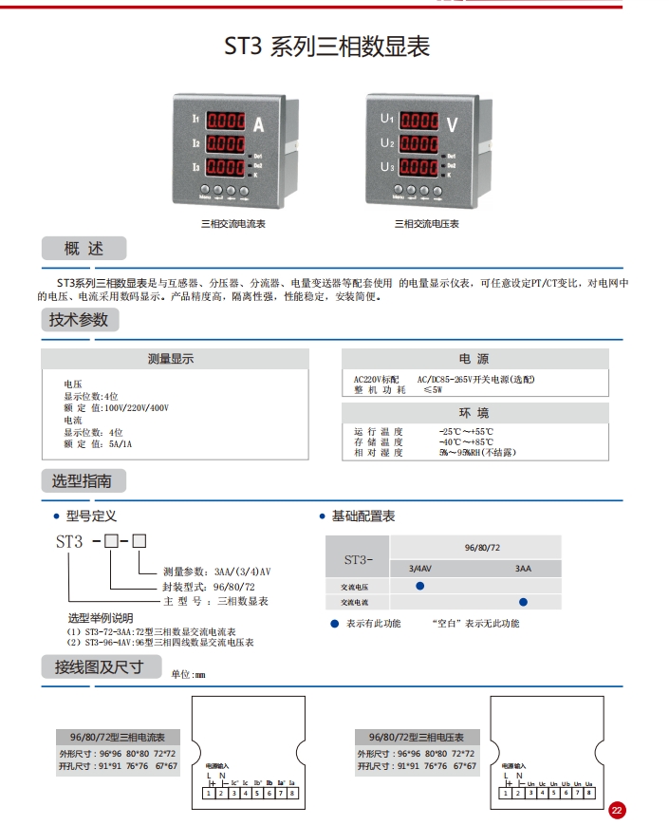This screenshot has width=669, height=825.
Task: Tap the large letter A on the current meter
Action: point(258,122)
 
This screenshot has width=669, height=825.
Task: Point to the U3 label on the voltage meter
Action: point(386,167)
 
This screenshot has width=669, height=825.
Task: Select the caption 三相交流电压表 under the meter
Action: point(427,224)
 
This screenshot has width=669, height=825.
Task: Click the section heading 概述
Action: point(84,250)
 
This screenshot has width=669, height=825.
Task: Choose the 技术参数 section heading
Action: point(79,320)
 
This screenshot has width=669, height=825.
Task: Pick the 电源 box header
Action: point(474,359)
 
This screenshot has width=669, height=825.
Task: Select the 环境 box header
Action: point(474,413)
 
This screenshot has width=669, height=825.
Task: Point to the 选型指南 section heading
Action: point(81,481)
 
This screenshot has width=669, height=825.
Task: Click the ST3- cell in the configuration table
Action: point(358,559)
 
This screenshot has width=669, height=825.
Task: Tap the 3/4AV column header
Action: point(420,569)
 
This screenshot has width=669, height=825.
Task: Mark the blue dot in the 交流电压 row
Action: point(420,587)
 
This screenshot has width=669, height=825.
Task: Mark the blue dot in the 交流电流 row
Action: point(523,602)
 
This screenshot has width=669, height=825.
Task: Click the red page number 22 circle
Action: point(617,810)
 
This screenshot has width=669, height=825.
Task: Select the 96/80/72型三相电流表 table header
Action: point(118,738)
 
